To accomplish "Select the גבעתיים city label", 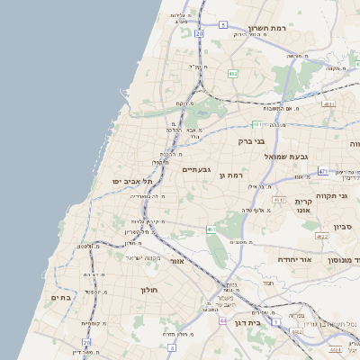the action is coord(196,169).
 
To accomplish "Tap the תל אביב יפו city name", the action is coord(126,182).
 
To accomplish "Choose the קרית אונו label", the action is coord(302,206).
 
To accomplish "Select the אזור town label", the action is coord(176,261).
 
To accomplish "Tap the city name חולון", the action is coord(148,290).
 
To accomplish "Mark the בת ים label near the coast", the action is coord(61,298).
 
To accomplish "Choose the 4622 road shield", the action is coord(322,237).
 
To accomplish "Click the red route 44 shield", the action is coord(222,320).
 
